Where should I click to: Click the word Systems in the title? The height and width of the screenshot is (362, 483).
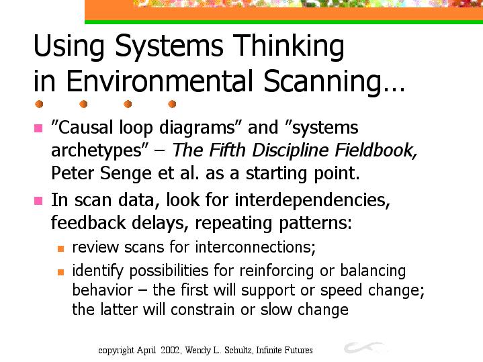[x=169, y=46]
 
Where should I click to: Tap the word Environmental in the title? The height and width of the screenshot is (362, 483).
[x=160, y=81]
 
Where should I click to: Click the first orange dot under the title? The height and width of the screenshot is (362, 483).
[x=39, y=104]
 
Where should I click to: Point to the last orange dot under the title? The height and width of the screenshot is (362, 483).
[x=172, y=104]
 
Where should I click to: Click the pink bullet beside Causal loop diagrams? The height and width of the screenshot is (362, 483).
[x=38, y=128]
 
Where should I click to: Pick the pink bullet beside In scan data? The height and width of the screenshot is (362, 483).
[x=38, y=201]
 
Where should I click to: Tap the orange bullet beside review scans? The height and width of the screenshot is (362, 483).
[x=60, y=248]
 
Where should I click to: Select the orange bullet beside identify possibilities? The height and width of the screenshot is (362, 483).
[x=60, y=272]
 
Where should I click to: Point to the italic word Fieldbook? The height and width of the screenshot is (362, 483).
[x=376, y=150]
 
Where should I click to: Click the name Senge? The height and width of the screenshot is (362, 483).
[x=126, y=173]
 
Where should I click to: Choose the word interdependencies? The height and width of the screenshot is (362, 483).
[x=312, y=200]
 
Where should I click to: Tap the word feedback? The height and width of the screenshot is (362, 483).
[x=89, y=222]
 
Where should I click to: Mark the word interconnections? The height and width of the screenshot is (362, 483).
[x=255, y=247]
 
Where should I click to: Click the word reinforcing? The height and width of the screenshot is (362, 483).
[x=276, y=271]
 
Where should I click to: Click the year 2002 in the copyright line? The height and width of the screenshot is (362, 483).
[x=171, y=350]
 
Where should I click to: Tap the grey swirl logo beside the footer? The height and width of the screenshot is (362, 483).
[x=363, y=347]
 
